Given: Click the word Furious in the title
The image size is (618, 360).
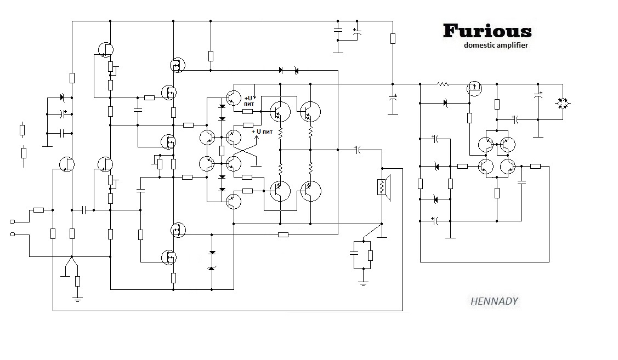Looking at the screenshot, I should point(487,31).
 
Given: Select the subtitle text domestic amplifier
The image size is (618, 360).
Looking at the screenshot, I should point(496,45).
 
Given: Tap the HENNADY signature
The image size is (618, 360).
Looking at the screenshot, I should point(494,301).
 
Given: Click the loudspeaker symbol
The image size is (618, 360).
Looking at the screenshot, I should point(382,187).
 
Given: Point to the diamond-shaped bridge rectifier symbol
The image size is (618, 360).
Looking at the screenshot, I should point(563,102).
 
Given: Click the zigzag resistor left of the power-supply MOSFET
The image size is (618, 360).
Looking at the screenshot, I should point(444,84).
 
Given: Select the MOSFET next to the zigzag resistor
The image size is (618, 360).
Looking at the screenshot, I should point(473,88).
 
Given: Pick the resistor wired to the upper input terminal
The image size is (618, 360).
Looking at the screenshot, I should point(38,210).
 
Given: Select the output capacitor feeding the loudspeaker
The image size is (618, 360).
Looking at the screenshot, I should point(357,148).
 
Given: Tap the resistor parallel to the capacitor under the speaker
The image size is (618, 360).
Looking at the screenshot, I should point(370,255).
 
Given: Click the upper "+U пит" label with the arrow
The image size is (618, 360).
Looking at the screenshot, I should point(250,100).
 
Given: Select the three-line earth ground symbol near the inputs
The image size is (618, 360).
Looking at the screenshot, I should point(77,299).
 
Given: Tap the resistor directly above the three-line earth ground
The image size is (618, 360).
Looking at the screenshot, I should point(77,282).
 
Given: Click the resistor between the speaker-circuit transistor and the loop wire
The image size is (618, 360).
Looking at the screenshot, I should point(535,166).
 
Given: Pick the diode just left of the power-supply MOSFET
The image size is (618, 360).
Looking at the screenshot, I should point(445,102).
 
